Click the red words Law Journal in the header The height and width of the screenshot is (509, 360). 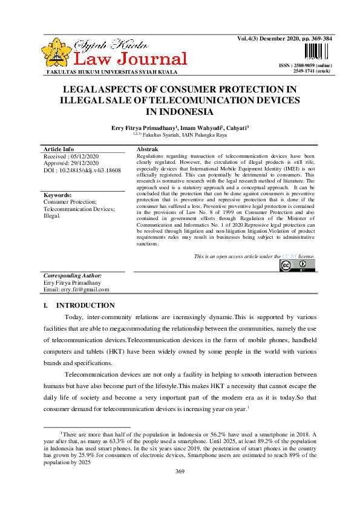tap(130, 59)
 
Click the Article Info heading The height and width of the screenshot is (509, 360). tap(59, 149)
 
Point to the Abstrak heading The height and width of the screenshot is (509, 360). tap(147, 149)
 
